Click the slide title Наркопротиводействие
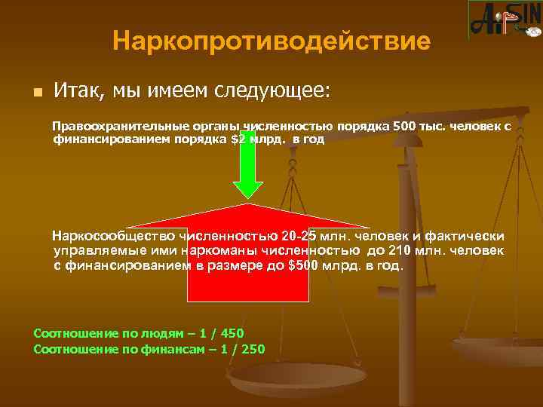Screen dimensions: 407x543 (271, 41)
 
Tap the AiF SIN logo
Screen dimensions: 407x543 (505, 20)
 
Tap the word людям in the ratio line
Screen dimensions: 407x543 (148, 334)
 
